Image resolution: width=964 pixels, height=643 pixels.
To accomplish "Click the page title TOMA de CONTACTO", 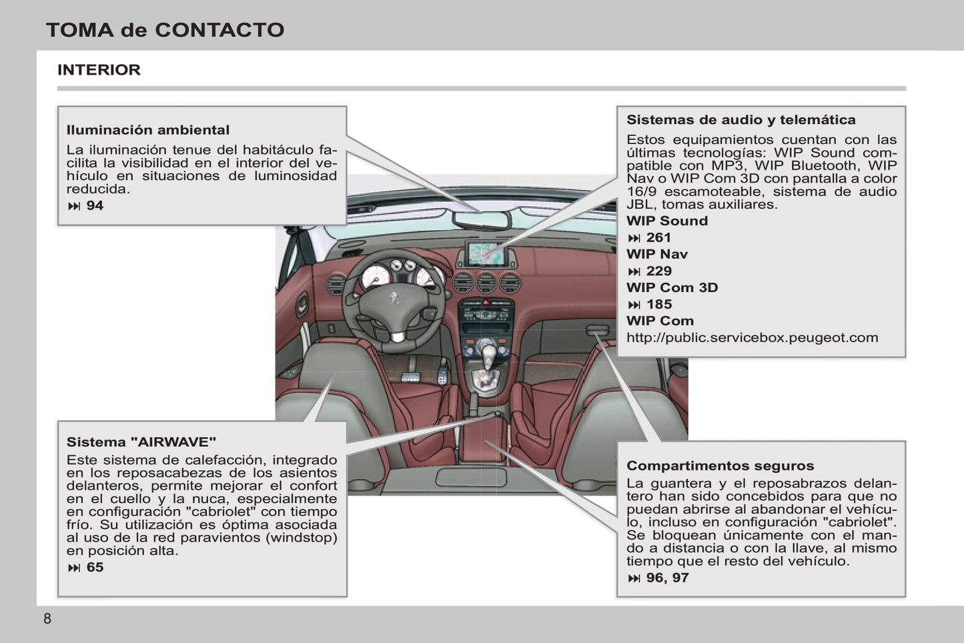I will [x=165, y=30].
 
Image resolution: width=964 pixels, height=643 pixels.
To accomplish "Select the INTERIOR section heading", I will [x=99, y=70].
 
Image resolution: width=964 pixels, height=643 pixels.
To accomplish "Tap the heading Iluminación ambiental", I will [x=147, y=130].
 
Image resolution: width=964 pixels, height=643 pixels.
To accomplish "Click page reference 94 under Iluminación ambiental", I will [x=95, y=205].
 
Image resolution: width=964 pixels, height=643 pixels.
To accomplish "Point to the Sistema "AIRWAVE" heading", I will [x=141, y=442].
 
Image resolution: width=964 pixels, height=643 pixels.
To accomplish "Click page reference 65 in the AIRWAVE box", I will [x=95, y=567].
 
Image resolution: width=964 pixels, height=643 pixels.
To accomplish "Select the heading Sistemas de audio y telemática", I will [x=741, y=120].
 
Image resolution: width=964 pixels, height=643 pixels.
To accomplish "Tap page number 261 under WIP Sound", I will [x=658, y=237].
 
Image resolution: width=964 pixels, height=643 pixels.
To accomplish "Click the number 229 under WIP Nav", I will [x=658, y=271].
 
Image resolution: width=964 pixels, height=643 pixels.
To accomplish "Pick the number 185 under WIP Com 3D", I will [x=658, y=304].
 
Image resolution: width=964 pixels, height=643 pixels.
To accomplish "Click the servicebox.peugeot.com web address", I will [x=752, y=338].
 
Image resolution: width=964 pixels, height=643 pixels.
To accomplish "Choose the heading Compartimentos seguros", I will [x=720, y=466].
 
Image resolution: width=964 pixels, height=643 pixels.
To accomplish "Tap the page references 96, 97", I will [x=666, y=578].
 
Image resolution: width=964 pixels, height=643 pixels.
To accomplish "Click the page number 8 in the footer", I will [x=47, y=618].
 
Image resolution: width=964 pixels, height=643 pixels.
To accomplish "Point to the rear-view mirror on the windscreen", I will [x=481, y=219].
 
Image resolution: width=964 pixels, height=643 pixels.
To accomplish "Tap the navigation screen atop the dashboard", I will [x=487, y=253].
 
